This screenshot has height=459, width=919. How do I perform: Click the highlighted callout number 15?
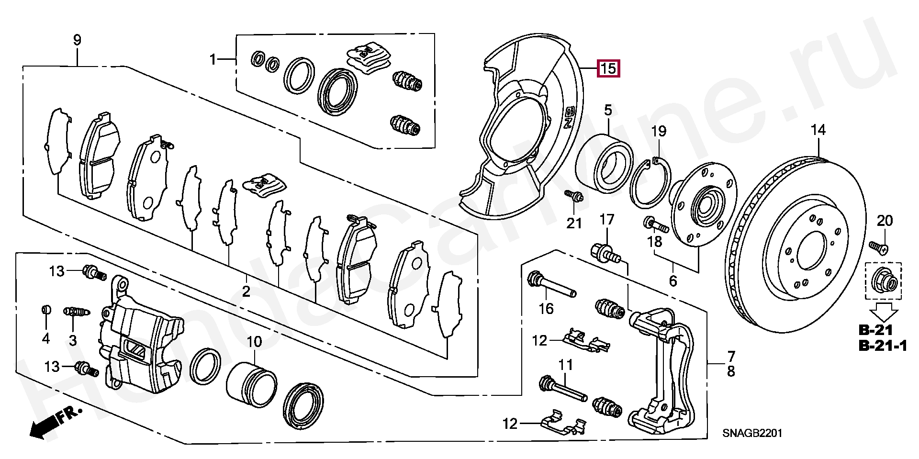click(608, 69)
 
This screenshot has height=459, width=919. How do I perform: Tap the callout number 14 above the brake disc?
click(818, 130)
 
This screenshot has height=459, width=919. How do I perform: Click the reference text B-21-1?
click(883, 346)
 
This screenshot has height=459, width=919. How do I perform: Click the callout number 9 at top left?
click(77, 40)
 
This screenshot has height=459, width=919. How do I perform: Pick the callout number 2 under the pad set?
click(246, 291)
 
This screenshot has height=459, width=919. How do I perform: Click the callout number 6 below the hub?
click(672, 281)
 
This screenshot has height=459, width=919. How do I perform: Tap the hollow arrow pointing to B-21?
click(883, 313)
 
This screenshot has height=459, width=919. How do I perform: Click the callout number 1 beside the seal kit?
click(213, 60)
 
